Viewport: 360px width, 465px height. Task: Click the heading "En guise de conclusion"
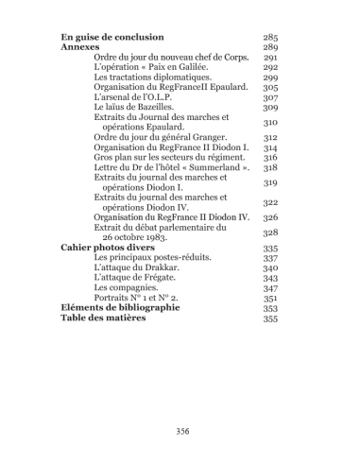pos(111,36)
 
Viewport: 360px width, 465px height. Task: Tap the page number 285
pos(271,36)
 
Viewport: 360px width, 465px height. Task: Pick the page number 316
pos(271,159)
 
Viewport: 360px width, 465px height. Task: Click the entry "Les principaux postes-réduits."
pos(153,258)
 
